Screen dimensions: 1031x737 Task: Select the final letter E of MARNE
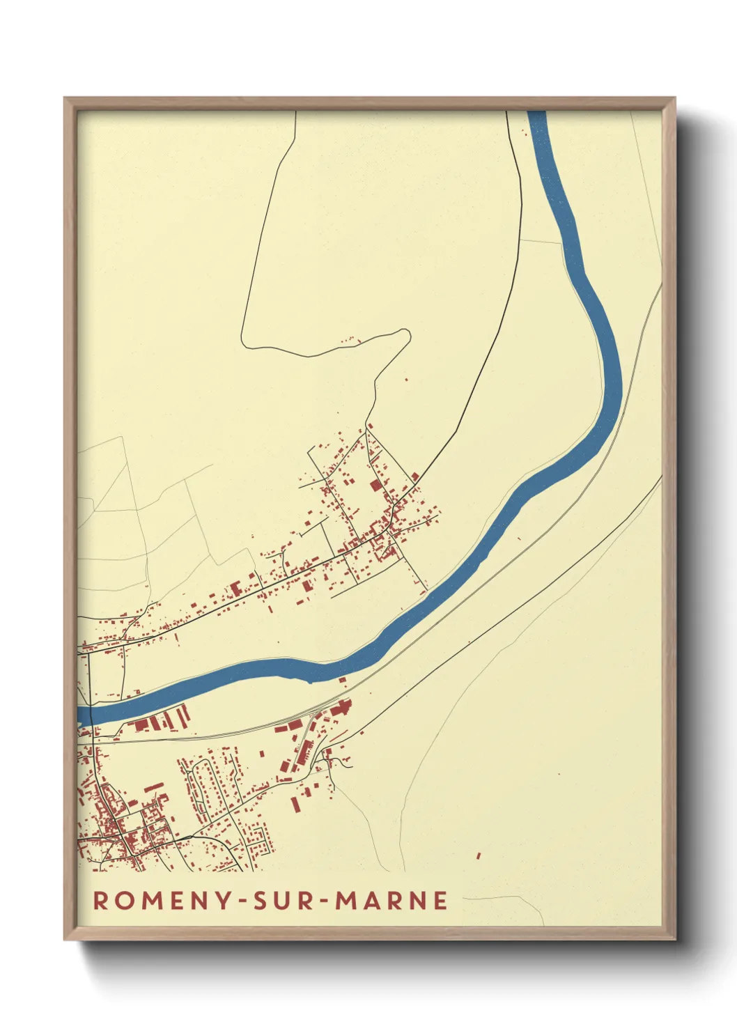pyautogui.click(x=440, y=900)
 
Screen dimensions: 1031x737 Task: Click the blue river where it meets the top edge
pyautogui.click(x=537, y=114)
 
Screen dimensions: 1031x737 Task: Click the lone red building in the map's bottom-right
pyautogui.click(x=479, y=855)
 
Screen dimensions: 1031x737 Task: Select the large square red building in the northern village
pyautogui.click(x=376, y=486)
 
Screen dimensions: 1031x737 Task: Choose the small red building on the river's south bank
pyautogui.click(x=342, y=679)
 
